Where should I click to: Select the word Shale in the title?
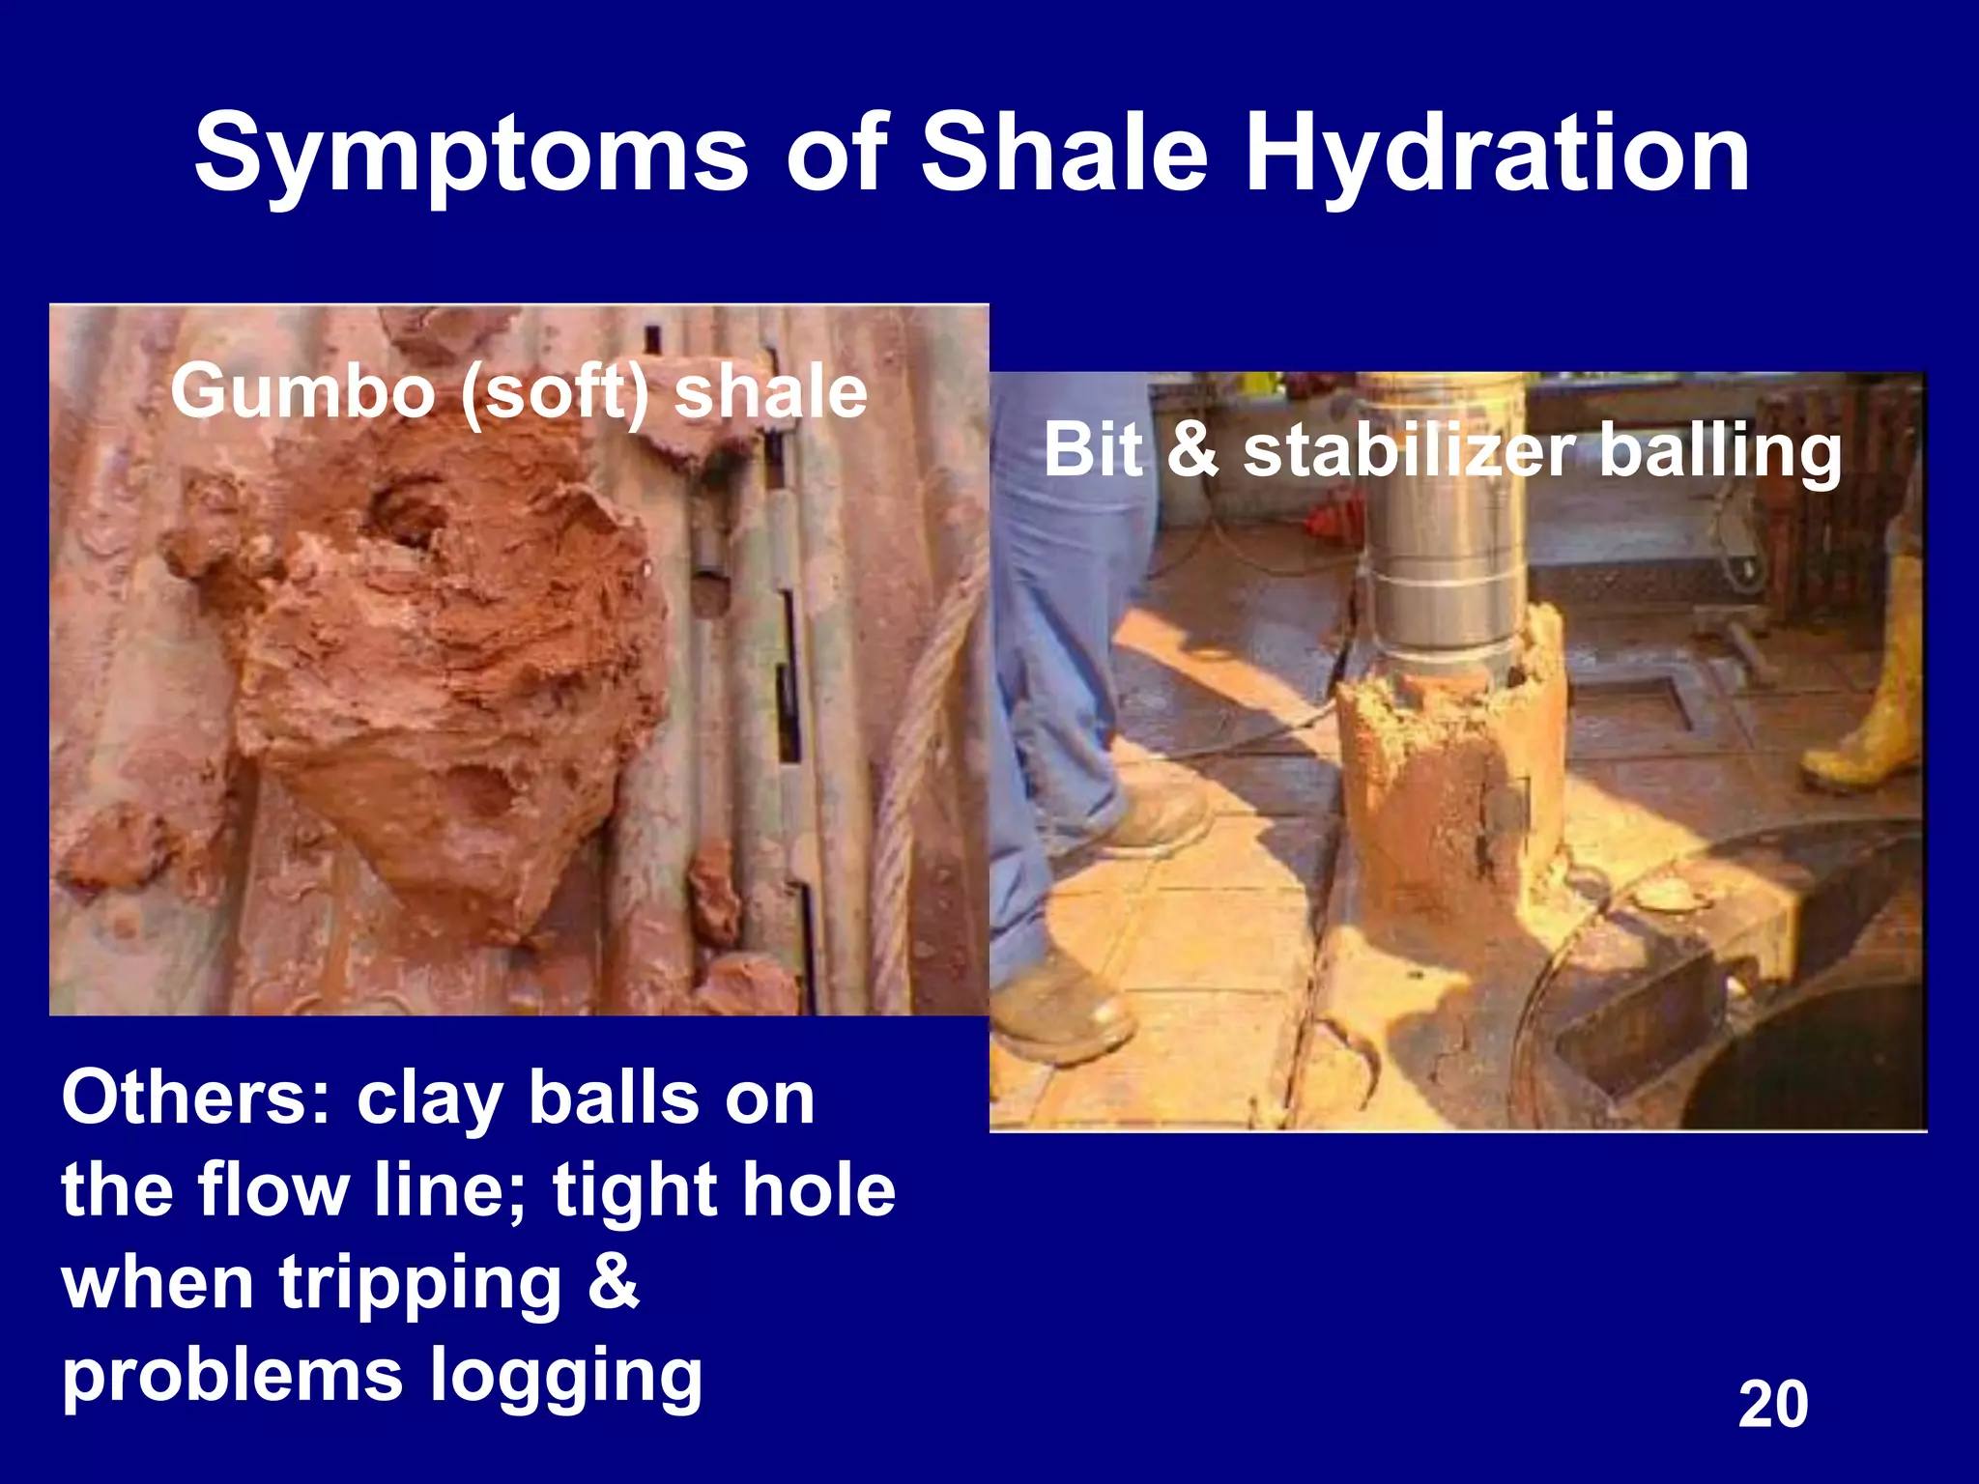tap(1063, 153)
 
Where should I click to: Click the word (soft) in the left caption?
tap(555, 393)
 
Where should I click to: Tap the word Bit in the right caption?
tap(1092, 450)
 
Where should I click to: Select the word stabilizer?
tap(1410, 450)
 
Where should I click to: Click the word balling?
tap(1720, 452)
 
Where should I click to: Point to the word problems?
tap(232, 1378)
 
